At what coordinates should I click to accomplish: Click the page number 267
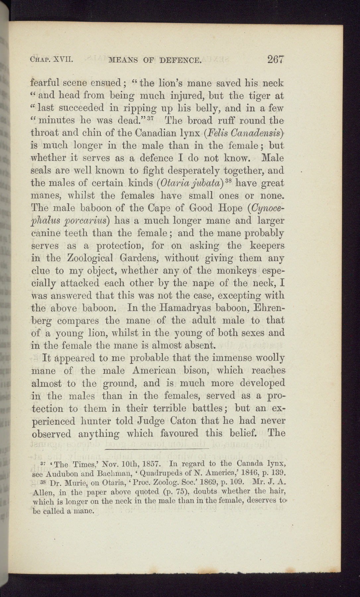click(276, 60)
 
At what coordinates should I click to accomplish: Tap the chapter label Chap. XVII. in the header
click(51, 60)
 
